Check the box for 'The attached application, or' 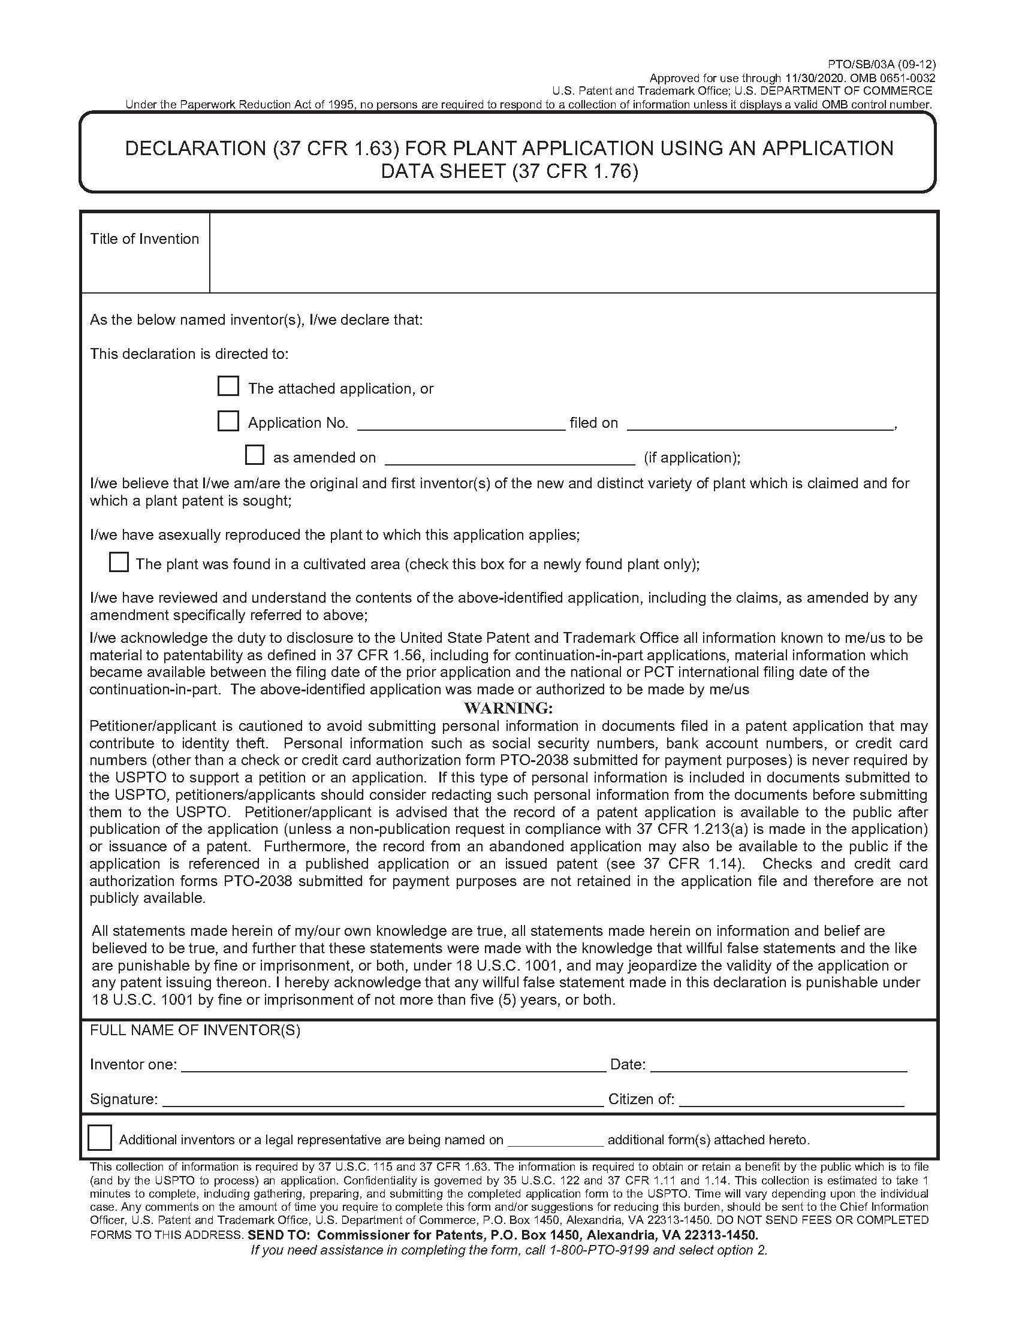pos(228,386)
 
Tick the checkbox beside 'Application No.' pos(228,421)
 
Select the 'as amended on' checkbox pos(254,455)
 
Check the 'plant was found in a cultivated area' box pos(118,563)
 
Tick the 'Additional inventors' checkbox pos(100,1138)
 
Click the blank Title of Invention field pos(572,253)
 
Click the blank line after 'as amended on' pos(509,459)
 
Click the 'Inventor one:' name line pos(393,1065)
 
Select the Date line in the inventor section pos(778,1065)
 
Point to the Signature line pos(383,1100)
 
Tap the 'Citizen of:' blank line pos(791,1100)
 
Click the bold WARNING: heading pos(508,708)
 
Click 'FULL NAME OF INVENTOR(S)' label pos(195,1030)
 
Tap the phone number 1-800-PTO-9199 pos(598,1250)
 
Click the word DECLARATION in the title pos(195,149)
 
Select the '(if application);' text pos(692,458)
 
